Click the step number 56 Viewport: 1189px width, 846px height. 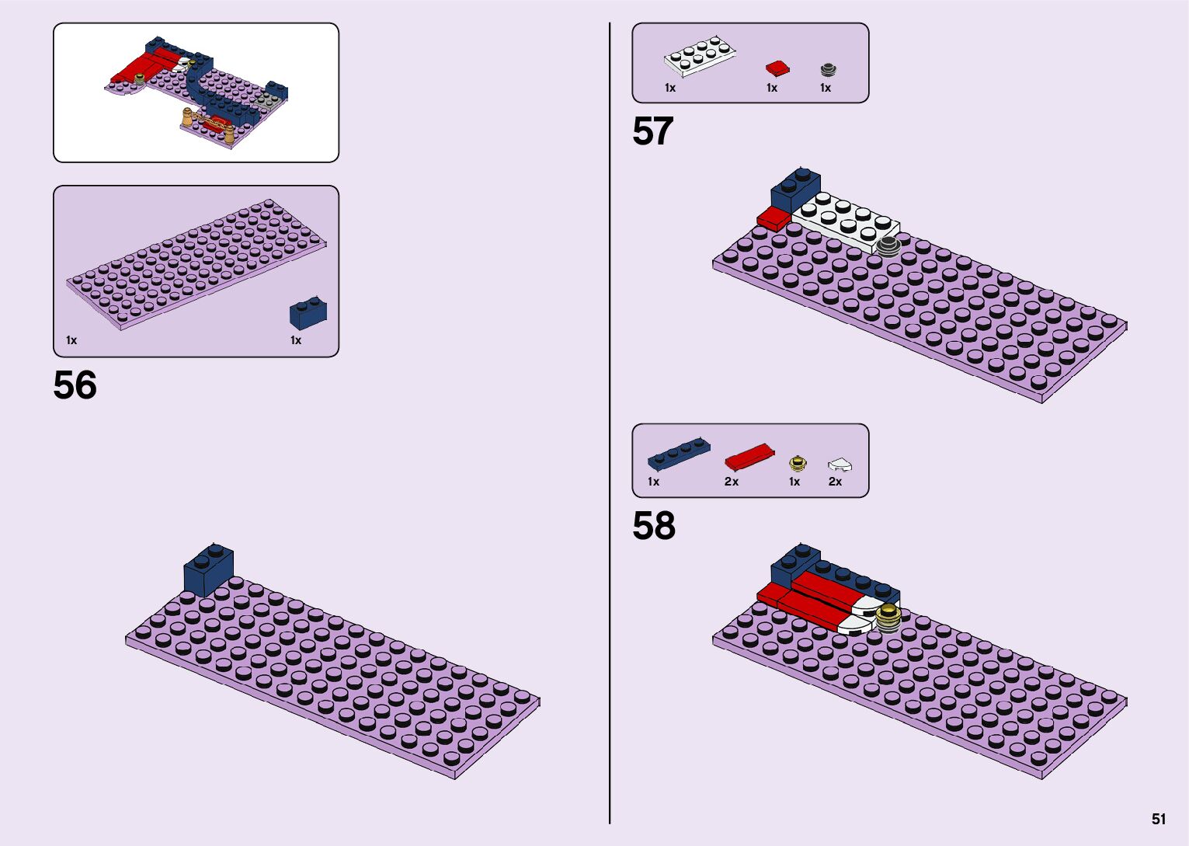coord(75,385)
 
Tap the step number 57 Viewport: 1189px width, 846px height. coord(652,131)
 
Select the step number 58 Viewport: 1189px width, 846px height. coord(654,526)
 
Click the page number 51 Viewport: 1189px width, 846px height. coord(1159,819)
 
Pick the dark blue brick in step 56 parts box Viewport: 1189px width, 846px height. coord(308,312)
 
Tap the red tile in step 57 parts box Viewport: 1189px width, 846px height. coord(777,68)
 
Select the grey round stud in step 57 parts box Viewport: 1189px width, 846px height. coord(828,69)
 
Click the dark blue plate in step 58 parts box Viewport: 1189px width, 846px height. coord(679,454)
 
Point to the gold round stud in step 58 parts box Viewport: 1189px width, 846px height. coord(798,464)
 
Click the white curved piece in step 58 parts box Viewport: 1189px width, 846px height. coord(840,465)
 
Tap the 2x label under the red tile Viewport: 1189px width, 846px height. coord(732,482)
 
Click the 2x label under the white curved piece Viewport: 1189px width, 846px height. coord(835,482)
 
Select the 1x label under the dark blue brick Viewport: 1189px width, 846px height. coord(295,340)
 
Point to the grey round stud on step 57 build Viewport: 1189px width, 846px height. coord(888,246)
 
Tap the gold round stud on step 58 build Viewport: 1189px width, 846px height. coord(888,618)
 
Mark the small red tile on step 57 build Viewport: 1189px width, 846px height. coord(773,218)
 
